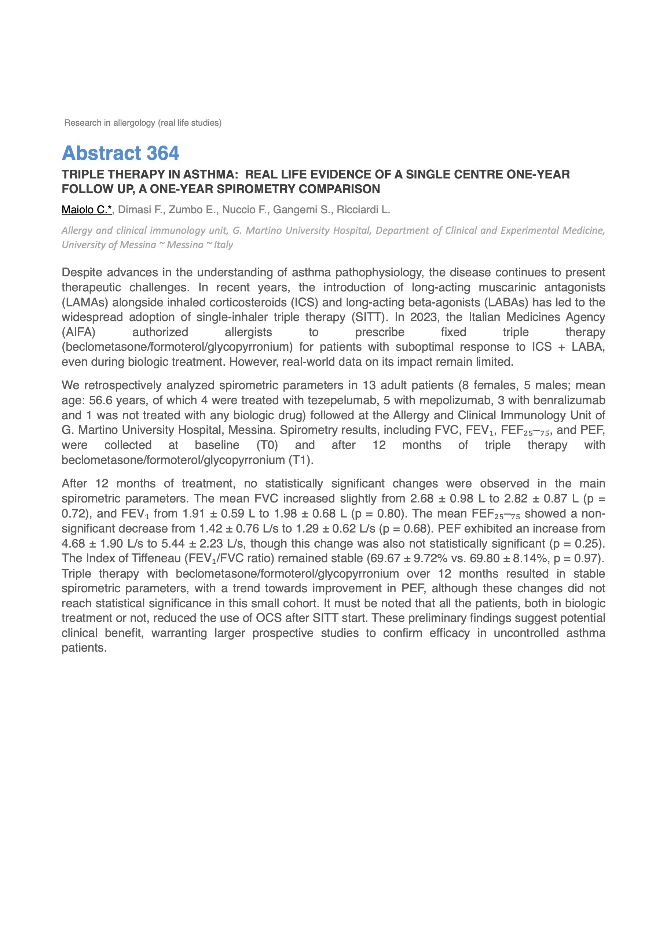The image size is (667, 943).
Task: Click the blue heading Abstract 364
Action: coord(120,153)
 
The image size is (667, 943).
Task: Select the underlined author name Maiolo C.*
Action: coord(86,210)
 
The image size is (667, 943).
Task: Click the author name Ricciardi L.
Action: coord(363,210)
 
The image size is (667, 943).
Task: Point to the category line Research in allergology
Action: coord(143,123)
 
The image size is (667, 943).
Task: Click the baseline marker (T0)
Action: coord(267,445)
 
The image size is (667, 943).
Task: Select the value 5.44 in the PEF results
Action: coord(173,544)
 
